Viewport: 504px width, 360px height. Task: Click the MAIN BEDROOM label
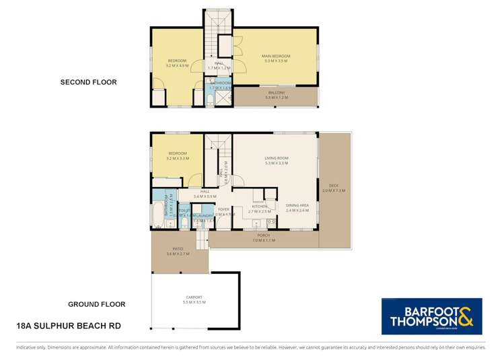coord(276,56)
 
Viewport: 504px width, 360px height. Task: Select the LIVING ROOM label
coord(276,158)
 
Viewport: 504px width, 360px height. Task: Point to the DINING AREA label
coord(297,206)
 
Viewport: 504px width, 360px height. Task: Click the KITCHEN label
coord(259,207)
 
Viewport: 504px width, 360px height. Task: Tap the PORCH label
coord(264,236)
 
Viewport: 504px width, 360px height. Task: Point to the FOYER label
coord(224,209)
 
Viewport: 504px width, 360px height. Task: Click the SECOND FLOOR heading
coord(88,82)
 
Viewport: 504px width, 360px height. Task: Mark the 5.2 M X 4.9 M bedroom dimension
coord(176,66)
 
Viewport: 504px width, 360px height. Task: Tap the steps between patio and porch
coord(201,238)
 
